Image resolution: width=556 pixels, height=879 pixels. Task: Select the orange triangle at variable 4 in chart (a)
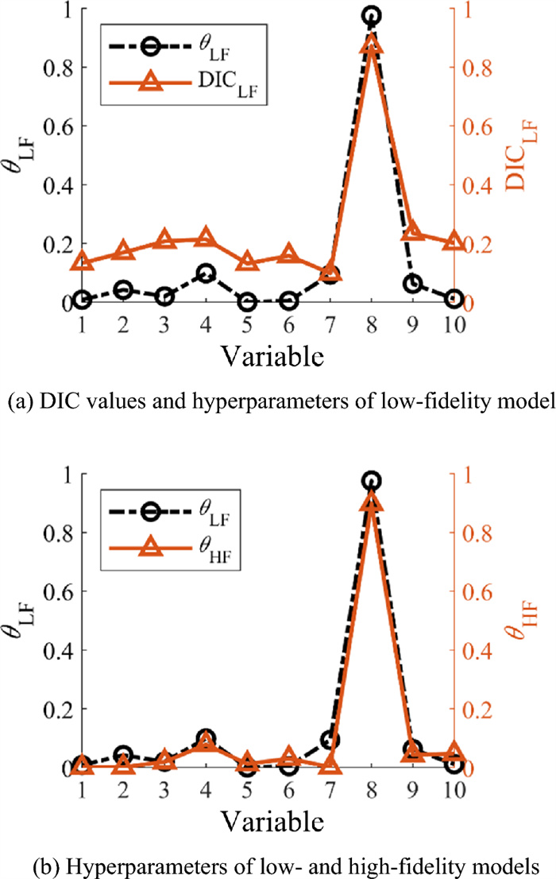tap(205, 238)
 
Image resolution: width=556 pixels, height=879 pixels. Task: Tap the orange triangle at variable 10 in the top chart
tap(453, 242)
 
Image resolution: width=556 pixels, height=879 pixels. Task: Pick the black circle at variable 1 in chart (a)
tap(82, 299)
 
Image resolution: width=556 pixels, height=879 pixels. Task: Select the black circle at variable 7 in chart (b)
tap(330, 741)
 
